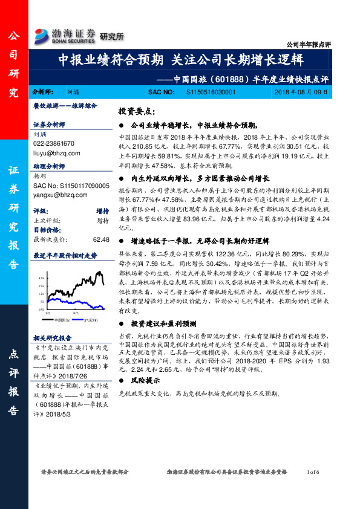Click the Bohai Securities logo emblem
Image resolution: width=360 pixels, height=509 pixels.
[43, 34]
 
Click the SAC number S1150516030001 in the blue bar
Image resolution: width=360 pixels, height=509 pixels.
[205, 92]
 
